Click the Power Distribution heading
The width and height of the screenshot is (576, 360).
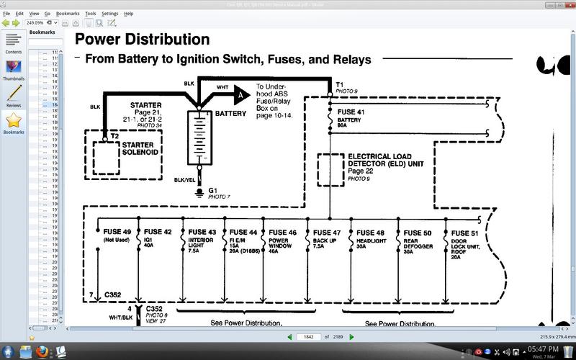143,40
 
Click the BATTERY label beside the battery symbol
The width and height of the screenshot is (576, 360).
230,113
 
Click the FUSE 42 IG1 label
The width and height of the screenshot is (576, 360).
158,232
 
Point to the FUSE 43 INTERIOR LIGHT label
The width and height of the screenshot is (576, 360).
202,232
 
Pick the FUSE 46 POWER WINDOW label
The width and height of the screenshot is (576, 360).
282,232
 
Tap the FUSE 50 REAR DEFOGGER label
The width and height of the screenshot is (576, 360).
418,232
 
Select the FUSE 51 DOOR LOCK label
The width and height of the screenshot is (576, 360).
465,232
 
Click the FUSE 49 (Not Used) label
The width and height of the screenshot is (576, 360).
117,232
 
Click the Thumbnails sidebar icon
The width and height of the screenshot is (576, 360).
13,68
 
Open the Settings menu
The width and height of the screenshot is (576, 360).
109,14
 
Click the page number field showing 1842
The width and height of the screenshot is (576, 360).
307,336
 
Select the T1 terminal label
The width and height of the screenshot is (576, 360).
339,84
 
